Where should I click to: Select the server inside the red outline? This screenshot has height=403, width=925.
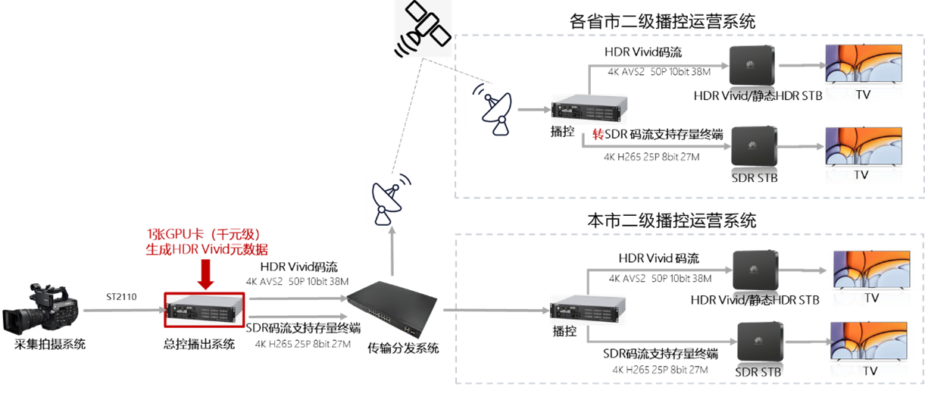pos(205,309)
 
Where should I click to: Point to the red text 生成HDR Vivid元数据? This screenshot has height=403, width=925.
pos(206,248)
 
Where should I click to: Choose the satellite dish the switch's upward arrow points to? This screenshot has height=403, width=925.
pos(391,198)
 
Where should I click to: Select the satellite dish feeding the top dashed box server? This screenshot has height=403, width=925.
pos(491,109)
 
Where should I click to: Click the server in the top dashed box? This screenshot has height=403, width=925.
pos(589,108)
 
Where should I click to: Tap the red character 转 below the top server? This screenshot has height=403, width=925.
pos(598,135)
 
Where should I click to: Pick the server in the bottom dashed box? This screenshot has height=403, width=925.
pos(589,309)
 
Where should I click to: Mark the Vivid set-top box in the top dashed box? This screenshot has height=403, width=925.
pos(752,66)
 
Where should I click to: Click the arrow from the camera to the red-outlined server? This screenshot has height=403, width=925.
pos(121,310)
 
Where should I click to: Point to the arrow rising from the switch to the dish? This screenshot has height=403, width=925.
pos(391,252)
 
